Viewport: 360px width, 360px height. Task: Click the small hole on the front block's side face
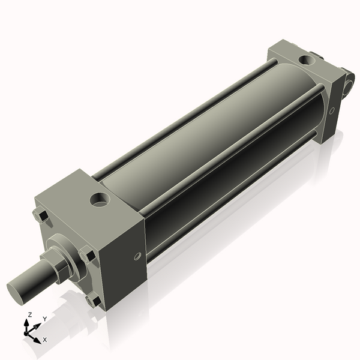pyautogui.click(x=137, y=256)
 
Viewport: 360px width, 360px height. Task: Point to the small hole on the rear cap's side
pyautogui.click(x=331, y=110)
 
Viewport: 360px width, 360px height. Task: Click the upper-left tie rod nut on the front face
pyautogui.click(x=41, y=216)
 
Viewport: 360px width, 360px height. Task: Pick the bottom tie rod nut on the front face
pyautogui.click(x=93, y=301)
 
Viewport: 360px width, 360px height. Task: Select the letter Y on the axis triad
pyautogui.click(x=44, y=319)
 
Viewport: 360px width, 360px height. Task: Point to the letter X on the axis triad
pyautogui.click(x=44, y=340)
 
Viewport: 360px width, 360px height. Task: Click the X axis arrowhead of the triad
pyautogui.click(x=38, y=337)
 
